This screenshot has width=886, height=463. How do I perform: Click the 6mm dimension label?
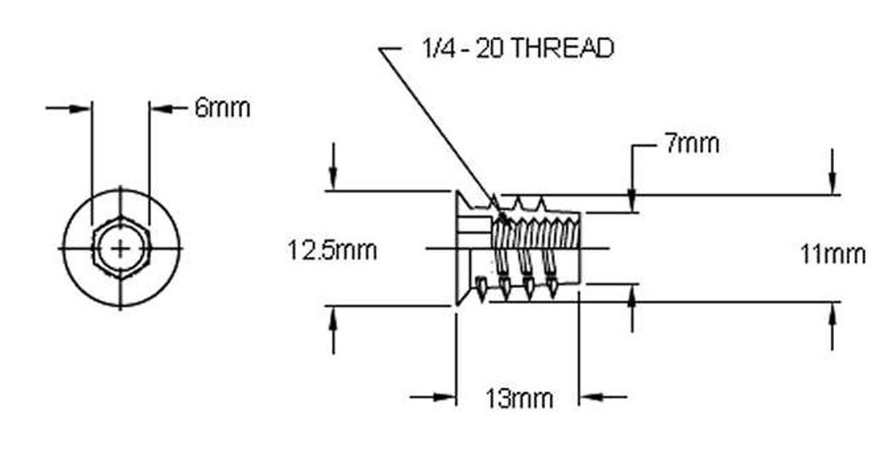pos(222,108)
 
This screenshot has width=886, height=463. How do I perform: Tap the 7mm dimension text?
pos(691,143)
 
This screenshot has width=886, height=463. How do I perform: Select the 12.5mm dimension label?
pos(332,251)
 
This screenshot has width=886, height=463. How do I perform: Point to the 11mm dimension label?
pos(832,255)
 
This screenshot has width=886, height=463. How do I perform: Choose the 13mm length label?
pos(520,398)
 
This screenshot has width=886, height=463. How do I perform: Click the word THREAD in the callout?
pos(563,49)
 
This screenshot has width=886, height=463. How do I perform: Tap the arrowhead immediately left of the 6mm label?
pos(159,108)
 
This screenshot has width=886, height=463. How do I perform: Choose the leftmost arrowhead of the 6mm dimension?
pos(82,108)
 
